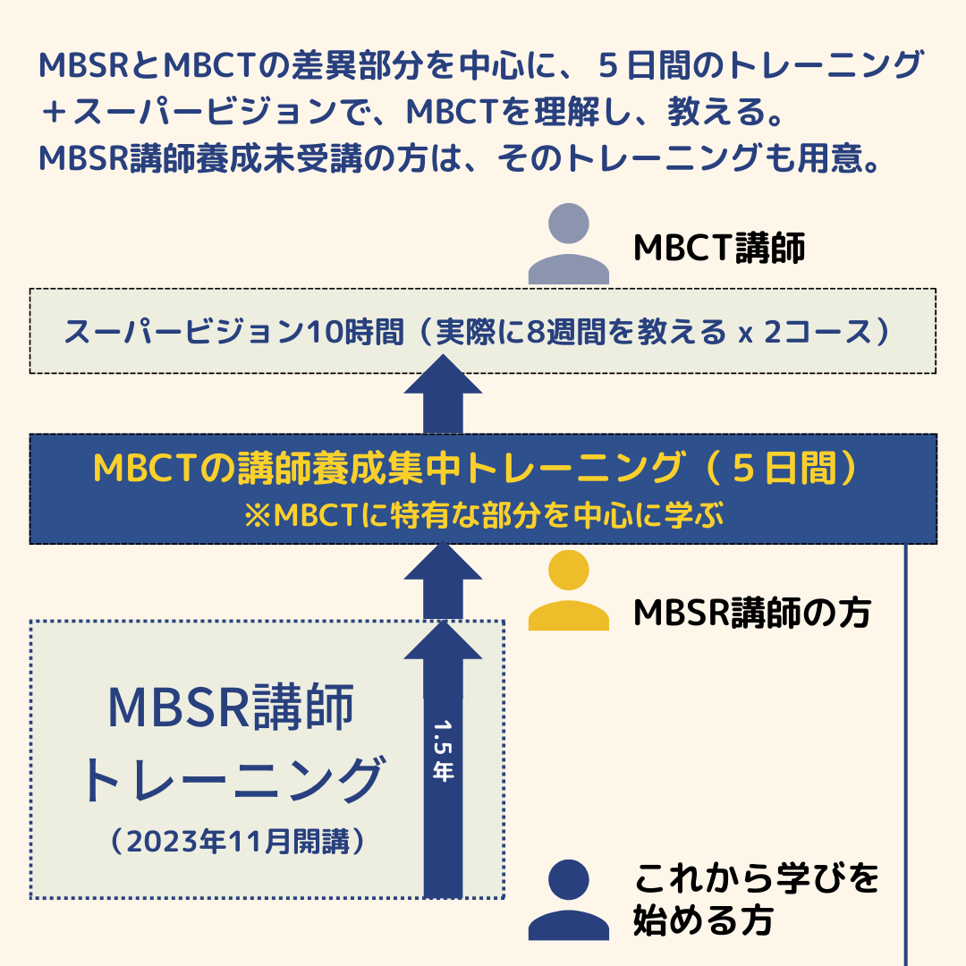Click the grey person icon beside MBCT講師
click(x=569, y=244)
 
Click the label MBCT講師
click(x=719, y=250)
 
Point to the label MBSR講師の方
click(x=751, y=613)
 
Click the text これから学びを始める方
click(x=757, y=899)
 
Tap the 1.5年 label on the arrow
click(x=443, y=751)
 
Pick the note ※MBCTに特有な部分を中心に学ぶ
click(x=483, y=518)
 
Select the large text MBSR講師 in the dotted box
click(x=231, y=708)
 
